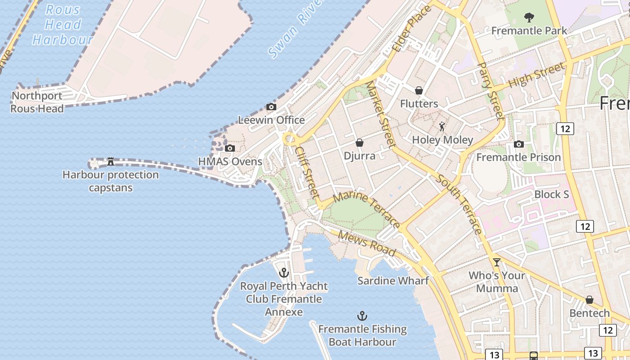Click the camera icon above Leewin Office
coord(271,107)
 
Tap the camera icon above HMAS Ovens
coord(230,148)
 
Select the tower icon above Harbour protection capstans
coord(110,162)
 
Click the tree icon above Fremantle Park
coord(529,18)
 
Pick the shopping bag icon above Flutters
coord(419,90)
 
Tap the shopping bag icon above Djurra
coord(360,143)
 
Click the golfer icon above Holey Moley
coord(442,126)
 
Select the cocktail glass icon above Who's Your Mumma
coord(497,262)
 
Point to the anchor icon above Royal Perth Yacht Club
coord(283,273)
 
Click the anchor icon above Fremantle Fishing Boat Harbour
coord(362,316)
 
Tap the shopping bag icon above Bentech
coord(589,300)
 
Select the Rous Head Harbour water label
coord(63,25)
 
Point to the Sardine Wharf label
coord(393,281)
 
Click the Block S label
coord(552,194)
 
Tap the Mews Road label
coord(366,243)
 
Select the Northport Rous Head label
coord(37,102)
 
